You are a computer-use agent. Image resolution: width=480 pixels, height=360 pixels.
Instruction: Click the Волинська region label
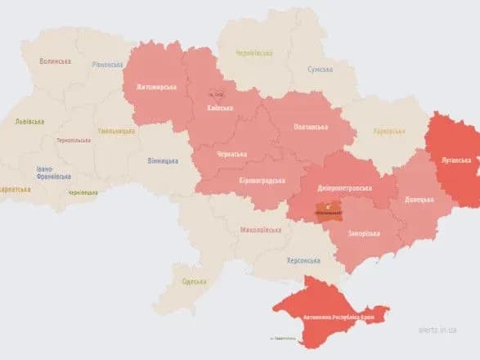pyautogui.click(x=56, y=61)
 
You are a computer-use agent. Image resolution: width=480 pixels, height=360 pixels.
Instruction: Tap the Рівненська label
pyautogui.click(x=106, y=65)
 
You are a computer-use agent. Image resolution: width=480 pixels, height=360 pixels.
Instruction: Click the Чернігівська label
pyautogui.click(x=254, y=52)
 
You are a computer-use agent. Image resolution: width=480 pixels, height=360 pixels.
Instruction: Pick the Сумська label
pyautogui.click(x=320, y=70)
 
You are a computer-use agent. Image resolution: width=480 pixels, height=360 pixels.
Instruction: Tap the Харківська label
pyautogui.click(x=388, y=131)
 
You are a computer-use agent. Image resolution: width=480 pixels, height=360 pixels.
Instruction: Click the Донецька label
pyautogui.click(x=419, y=199)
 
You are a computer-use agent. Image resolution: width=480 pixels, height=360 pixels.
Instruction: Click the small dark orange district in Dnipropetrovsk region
pyautogui.click(x=329, y=211)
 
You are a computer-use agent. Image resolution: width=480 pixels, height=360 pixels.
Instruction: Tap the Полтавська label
pyautogui.click(x=312, y=128)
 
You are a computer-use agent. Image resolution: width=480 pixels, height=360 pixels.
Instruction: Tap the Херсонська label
pyautogui.click(x=303, y=260)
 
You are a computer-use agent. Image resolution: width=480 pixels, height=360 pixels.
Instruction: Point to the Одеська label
pyautogui.click(x=194, y=282)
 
